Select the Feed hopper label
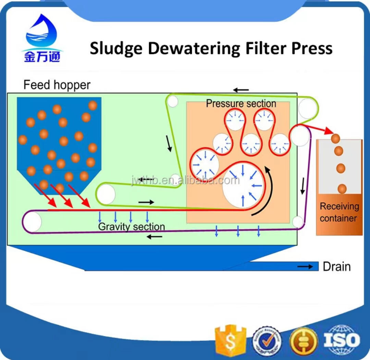coord(57,85)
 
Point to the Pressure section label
coord(241,104)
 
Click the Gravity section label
coord(132,227)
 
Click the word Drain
coord(337,267)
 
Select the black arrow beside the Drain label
coord(305,266)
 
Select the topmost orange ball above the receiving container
coord(336,138)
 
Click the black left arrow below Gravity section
coord(155,237)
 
